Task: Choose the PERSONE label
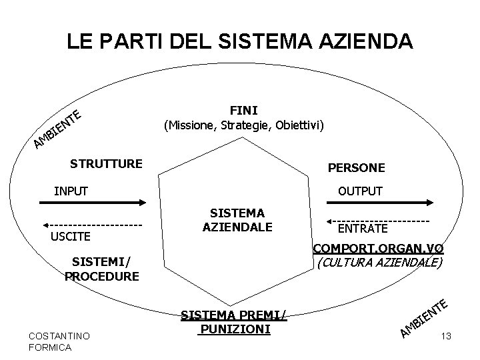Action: [x=356, y=168]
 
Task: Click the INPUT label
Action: [x=71, y=191]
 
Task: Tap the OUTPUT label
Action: [x=360, y=191]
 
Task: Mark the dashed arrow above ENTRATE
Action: [x=378, y=220]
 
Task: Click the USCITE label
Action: [x=71, y=237]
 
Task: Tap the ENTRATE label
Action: [x=362, y=229]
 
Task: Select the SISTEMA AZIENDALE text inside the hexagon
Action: [x=237, y=220]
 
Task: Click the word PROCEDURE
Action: [x=103, y=275]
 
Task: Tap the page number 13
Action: [x=447, y=337]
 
